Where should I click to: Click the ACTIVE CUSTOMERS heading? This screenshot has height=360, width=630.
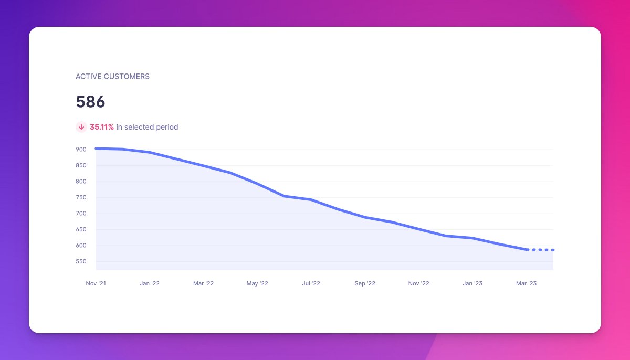pos(112,77)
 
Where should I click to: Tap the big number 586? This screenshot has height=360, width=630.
pos(90,102)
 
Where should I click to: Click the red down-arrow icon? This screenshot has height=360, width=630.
pos(81,127)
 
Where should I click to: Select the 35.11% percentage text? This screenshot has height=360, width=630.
pos(102,127)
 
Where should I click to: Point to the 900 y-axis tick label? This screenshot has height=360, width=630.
pos(81,150)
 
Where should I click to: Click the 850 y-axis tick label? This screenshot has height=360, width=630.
pos(81,165)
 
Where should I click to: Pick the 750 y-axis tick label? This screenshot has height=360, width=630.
pos(81,198)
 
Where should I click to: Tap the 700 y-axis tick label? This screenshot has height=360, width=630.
pos(81,214)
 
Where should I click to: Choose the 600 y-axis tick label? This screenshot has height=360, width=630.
pos(81,246)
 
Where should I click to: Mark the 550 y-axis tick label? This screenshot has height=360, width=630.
pos(81,261)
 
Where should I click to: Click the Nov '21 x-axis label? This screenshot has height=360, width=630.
pos(96,283)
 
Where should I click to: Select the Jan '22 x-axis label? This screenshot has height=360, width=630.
pos(150,283)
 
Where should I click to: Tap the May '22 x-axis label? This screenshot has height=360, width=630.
pos(257,283)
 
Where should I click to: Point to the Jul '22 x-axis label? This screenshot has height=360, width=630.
pos(311,283)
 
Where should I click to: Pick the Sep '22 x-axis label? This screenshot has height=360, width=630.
pos(365,283)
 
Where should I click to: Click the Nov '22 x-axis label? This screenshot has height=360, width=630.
pos(418,283)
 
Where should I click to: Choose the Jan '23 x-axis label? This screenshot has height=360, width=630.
pos(472,283)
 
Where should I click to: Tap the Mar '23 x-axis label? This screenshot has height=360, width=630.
pos(526,283)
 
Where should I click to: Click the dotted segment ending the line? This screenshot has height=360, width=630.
pos(541,250)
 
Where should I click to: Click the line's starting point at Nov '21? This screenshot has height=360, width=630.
pos(96,149)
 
